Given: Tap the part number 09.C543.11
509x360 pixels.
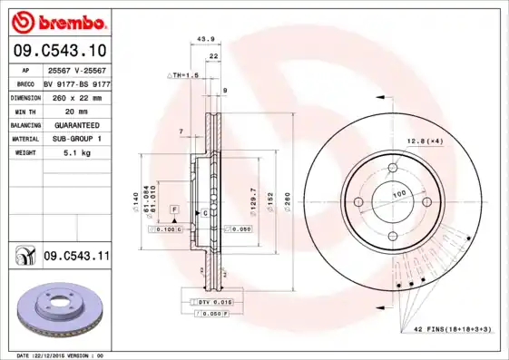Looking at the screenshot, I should [75, 257].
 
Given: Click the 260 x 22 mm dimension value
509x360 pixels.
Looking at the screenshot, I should [76, 95].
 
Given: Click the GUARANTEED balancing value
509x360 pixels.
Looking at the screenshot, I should [76, 124].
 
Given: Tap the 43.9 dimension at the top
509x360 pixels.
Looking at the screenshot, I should [205, 39].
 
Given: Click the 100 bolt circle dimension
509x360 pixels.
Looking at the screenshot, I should [398, 194].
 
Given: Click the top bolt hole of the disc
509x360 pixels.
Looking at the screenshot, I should [395, 167].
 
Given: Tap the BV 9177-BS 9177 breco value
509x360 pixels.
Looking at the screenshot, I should [76, 82].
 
